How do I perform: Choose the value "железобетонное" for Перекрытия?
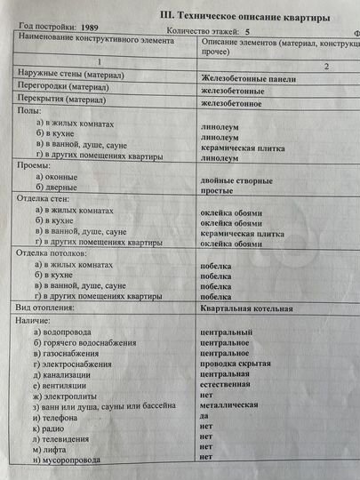(237, 104)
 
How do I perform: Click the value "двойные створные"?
(236, 182)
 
